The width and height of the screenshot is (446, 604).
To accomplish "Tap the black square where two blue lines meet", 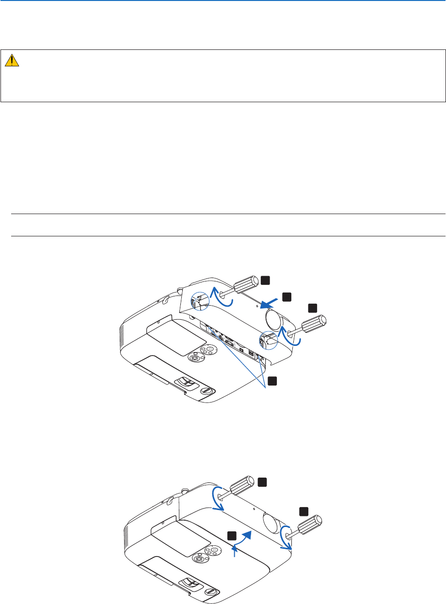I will pos(274,380).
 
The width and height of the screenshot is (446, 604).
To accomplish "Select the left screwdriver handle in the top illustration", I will pos(248,284).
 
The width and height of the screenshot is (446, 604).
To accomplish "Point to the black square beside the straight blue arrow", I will pos(287,295).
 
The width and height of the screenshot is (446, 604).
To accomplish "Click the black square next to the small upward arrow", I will pos(232,535).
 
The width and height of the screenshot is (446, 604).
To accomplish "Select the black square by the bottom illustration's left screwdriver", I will pos(262,481).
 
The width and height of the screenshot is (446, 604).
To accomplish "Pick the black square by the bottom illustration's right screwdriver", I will pos(303,511).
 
